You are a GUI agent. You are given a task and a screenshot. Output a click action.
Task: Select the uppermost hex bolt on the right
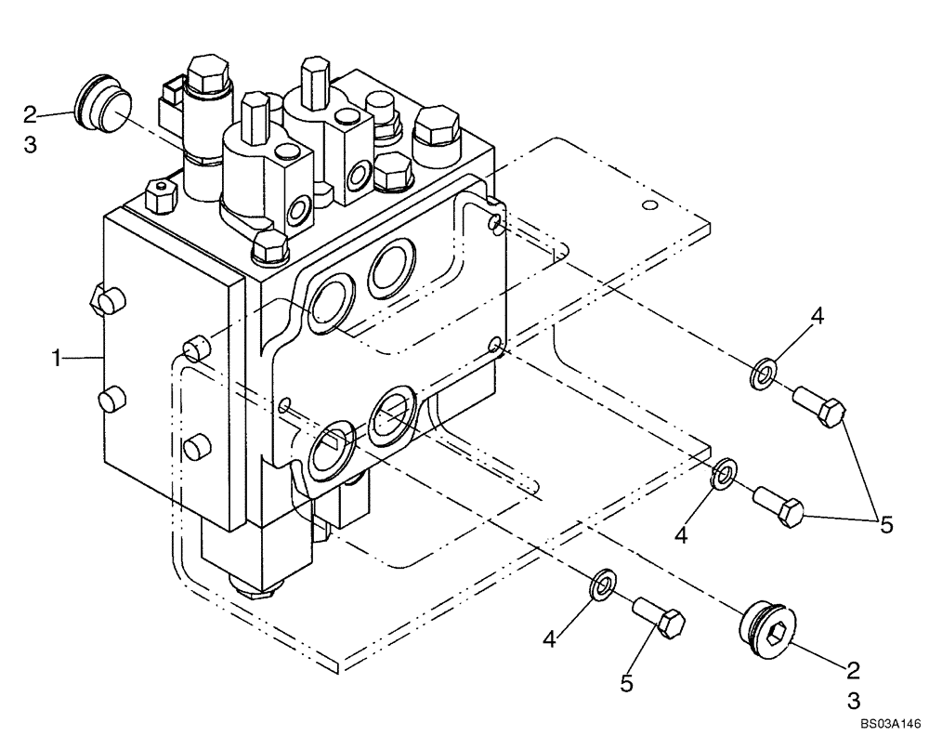[x=820, y=408]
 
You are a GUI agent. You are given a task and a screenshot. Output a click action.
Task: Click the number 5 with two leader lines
[x=886, y=525]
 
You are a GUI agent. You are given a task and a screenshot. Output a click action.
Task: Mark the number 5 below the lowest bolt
[x=627, y=683]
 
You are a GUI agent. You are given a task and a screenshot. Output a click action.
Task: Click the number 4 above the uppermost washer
[x=817, y=317]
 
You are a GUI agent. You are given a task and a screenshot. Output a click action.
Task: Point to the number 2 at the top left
[x=30, y=114]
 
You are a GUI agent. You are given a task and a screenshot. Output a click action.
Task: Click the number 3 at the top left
[x=30, y=146]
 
